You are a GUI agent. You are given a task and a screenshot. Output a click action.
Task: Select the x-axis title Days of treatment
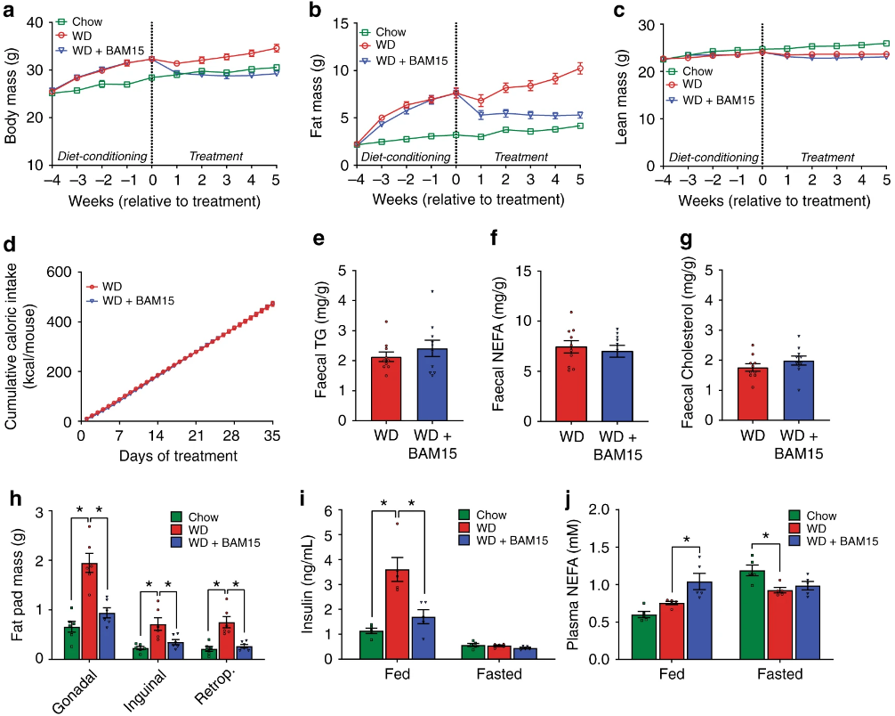pos(181,457)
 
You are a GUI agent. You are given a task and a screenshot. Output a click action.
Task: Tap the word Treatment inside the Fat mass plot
pos(521,157)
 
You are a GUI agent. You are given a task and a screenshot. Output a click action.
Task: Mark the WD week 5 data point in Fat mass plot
pos(579,69)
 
